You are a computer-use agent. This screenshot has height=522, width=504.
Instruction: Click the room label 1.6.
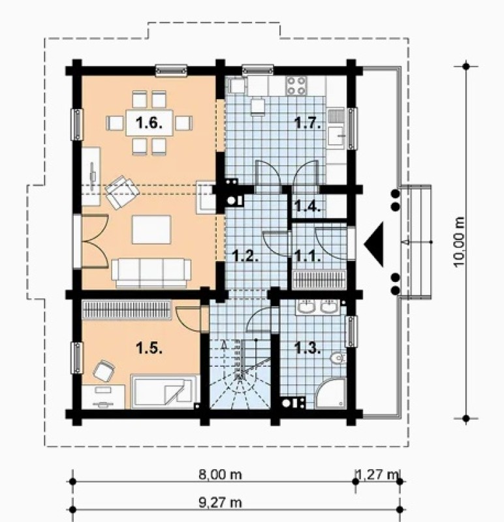click(x=149, y=123)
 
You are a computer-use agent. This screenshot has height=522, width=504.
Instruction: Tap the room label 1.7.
click(x=307, y=123)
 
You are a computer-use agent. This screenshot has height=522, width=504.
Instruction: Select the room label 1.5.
click(x=149, y=348)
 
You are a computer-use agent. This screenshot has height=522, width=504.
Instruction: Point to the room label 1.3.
click(x=307, y=348)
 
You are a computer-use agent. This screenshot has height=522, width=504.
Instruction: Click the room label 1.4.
click(x=307, y=207)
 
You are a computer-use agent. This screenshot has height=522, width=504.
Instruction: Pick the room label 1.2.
click(x=245, y=256)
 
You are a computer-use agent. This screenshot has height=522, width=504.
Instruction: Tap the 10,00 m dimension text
click(x=459, y=242)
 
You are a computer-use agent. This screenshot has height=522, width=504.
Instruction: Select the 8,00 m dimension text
click(x=220, y=474)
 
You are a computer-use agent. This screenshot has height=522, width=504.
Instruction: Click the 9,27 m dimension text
click(x=220, y=502)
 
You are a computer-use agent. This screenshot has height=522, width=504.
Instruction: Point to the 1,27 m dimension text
click(x=377, y=474)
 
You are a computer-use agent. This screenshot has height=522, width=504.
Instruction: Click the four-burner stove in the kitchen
click(x=296, y=85)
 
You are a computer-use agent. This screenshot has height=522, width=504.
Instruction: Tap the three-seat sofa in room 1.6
click(x=151, y=273)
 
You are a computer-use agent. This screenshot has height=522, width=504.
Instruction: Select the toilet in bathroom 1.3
click(x=338, y=358)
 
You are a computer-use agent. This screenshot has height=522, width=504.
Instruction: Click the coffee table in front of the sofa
click(x=151, y=230)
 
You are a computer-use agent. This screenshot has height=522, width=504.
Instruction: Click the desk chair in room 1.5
click(x=104, y=371)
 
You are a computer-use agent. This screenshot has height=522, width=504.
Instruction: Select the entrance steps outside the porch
click(x=416, y=241)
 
